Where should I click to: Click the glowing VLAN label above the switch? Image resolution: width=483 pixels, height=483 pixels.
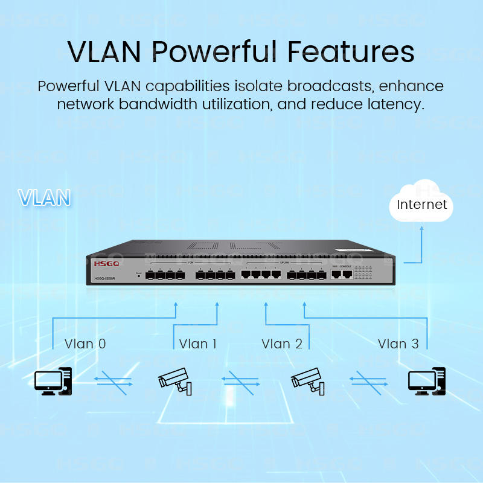coord(44,197)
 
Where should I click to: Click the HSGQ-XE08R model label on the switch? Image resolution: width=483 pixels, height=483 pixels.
coord(107,278)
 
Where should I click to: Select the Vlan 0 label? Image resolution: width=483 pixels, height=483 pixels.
coord(85,344)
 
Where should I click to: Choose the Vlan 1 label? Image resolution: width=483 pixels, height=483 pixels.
coord(197,344)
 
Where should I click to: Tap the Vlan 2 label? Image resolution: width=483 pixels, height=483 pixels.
coord(282,344)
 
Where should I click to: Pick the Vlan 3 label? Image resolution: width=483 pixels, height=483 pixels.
coord(398,344)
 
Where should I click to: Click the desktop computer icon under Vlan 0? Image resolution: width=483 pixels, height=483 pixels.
coord(53,380)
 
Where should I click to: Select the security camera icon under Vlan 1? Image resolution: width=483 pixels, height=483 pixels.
coord(174,380)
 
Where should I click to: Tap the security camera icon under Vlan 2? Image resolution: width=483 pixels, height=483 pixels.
coord(308,380)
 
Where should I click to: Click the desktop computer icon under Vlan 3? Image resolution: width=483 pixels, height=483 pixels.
coord(427,380)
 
